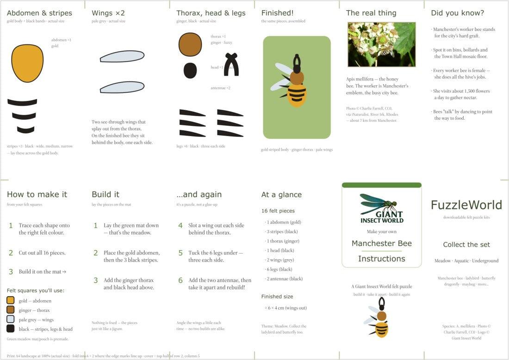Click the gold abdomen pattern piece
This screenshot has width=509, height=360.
click(x=27, y=63)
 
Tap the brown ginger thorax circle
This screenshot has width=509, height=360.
click(x=190, y=44)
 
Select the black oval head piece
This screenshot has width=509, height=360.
click(x=190, y=70)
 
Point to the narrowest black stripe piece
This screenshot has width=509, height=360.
click(x=25, y=130)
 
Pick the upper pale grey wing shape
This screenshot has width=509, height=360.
click(x=122, y=56)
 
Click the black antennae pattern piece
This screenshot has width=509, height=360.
click(x=231, y=64)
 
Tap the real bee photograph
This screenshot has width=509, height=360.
click(x=381, y=44)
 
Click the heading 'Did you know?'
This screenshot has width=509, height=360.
click(x=457, y=13)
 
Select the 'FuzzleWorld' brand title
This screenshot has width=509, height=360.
click(x=466, y=205)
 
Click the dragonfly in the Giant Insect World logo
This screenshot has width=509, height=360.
click(x=379, y=204)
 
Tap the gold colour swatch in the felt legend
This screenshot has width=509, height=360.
click(x=10, y=300)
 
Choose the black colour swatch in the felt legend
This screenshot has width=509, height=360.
click(x=10, y=329)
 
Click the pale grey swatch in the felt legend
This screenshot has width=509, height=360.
click(x=10, y=319)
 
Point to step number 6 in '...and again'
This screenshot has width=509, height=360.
click(x=180, y=280)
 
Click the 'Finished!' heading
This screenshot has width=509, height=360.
click(x=277, y=13)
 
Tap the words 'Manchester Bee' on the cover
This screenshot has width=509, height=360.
click(x=381, y=243)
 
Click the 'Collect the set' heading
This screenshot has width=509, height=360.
click(x=466, y=244)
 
